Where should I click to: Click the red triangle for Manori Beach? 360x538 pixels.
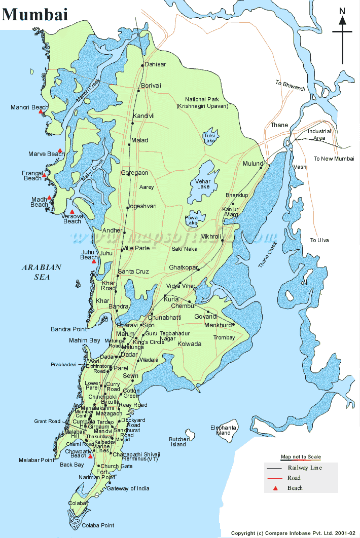tap(41, 111)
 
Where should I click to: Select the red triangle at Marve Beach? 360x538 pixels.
tap(60, 150)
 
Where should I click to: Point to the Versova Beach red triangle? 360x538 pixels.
tap(72, 212)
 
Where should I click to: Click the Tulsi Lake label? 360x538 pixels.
tap(209, 138)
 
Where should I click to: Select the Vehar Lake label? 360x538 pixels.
tap(203, 183)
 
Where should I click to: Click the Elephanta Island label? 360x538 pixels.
tap(224, 430)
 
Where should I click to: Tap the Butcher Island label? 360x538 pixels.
tap(178, 442)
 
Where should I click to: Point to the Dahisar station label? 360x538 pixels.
tap(155, 64)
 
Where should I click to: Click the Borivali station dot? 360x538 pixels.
tap(138, 91)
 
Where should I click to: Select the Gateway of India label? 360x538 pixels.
tap(128, 488)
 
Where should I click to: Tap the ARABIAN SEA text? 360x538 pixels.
tap(41, 272)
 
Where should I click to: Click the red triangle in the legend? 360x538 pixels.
tap(275, 488)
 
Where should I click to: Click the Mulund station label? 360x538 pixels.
tap(253, 164)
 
